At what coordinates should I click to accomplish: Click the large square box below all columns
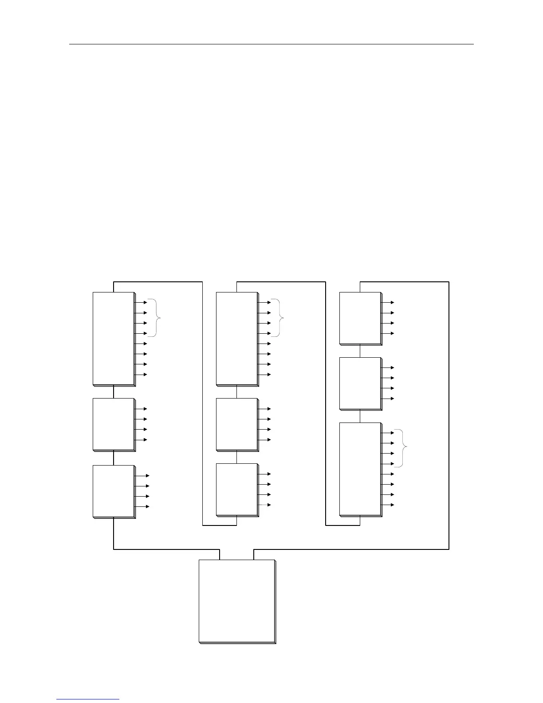[x=237, y=601]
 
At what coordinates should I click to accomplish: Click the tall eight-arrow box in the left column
[x=114, y=339]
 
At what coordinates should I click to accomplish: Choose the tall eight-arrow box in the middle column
[x=237, y=339]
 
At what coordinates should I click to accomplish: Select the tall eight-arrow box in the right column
[x=360, y=469]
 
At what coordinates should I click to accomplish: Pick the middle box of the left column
[x=114, y=424]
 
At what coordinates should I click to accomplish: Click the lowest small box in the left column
[x=114, y=491]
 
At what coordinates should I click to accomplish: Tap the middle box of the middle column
[x=237, y=424]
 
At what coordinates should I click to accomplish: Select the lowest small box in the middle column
[x=237, y=490]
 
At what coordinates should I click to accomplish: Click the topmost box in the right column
[x=360, y=318]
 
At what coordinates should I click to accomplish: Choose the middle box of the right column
[x=360, y=383]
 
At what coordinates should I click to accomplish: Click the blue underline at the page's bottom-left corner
[x=88, y=699]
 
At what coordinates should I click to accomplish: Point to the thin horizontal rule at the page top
[x=271, y=44]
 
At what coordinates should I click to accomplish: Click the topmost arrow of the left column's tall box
[x=142, y=302]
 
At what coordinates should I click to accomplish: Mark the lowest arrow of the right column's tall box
[x=388, y=505]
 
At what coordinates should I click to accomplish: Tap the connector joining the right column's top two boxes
[x=360, y=351]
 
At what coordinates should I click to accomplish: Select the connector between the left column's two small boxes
[x=114, y=458]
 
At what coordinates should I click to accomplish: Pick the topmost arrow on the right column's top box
[x=388, y=302]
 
